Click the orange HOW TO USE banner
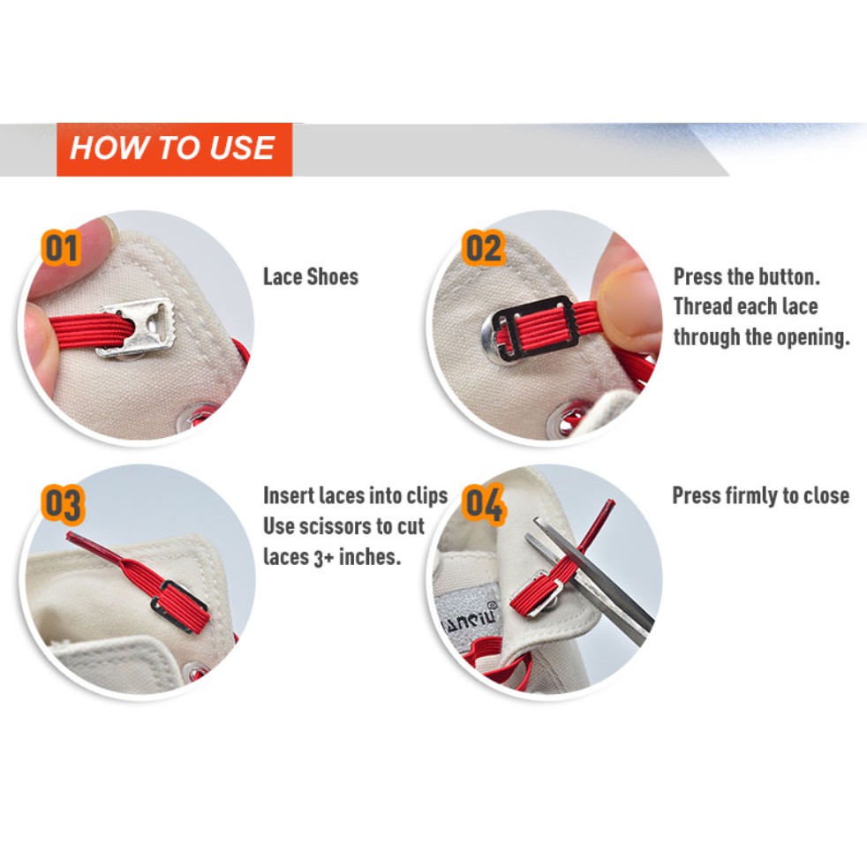point(174,149)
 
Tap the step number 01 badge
point(61,248)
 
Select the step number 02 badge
point(484,248)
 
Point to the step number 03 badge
point(63,504)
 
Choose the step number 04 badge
point(484,504)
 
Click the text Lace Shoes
point(311,276)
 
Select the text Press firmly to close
point(761,495)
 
